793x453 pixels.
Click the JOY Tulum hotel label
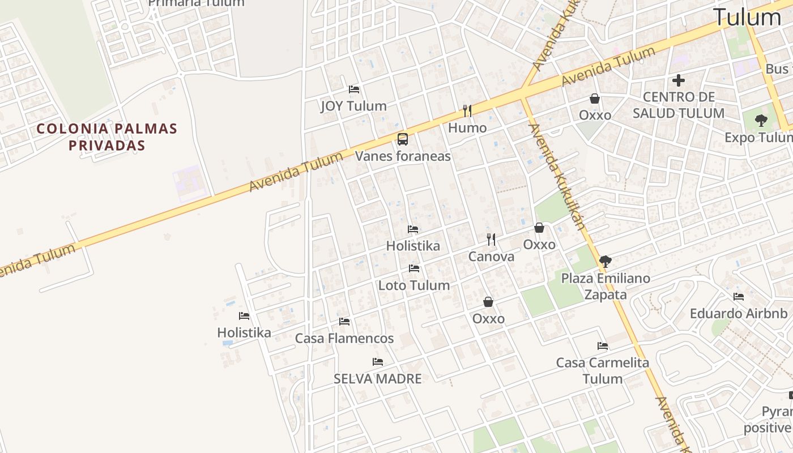coord(353,106)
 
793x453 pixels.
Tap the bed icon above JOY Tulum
coord(354,89)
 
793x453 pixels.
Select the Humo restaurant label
coord(467,128)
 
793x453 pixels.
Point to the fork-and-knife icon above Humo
coord(467,110)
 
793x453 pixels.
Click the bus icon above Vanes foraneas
coord(403,139)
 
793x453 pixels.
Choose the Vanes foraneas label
coord(403,156)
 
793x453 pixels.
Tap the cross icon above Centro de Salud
coord(678,80)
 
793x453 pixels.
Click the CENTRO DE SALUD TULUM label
coord(678,105)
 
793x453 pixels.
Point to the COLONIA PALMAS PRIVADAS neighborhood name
coord(107,137)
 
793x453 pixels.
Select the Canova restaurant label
coord(491,257)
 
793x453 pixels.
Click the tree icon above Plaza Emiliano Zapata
coord(605,261)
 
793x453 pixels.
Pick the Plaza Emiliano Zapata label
coord(606,287)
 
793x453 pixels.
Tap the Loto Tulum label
coord(414,285)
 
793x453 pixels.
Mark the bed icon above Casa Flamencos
coord(344,322)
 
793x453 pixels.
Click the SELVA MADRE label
coord(378,379)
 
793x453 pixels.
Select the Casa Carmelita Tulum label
coord(602,370)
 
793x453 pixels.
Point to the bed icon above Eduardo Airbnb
coord(738,297)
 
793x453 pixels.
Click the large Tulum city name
coord(747,18)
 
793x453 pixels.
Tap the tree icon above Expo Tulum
coord(761,120)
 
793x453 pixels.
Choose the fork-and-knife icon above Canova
coord(491,240)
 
